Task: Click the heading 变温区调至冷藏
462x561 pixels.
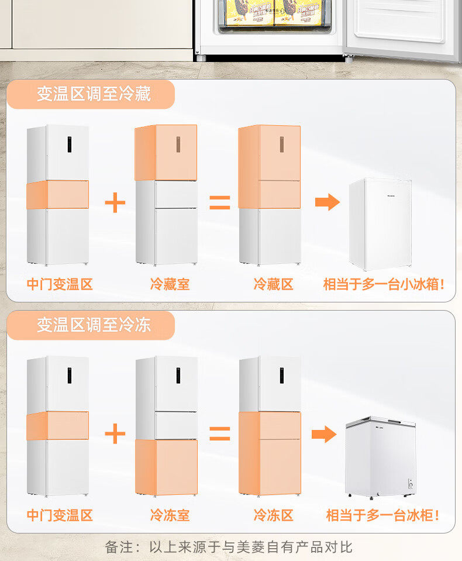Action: (94, 94)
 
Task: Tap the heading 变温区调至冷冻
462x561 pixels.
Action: (94, 325)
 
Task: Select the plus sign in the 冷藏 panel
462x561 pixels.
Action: (115, 203)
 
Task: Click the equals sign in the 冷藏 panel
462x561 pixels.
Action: (220, 203)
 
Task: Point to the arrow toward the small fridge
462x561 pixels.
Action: (327, 202)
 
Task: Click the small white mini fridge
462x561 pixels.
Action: (380, 223)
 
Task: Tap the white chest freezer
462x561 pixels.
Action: (380, 457)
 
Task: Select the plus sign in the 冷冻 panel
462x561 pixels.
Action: (115, 434)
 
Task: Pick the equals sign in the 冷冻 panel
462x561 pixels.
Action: (220, 434)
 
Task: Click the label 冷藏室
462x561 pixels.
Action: (170, 285)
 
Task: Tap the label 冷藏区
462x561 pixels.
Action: (273, 285)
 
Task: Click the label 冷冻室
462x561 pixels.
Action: (170, 515)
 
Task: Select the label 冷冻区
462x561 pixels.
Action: (273, 515)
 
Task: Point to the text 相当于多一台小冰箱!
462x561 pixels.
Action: (384, 285)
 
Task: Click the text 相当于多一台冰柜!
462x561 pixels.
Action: (383, 515)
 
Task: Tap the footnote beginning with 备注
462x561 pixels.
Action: (229, 548)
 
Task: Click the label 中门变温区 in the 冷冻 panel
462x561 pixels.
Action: (60, 515)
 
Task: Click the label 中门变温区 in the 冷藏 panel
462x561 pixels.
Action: (60, 285)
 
